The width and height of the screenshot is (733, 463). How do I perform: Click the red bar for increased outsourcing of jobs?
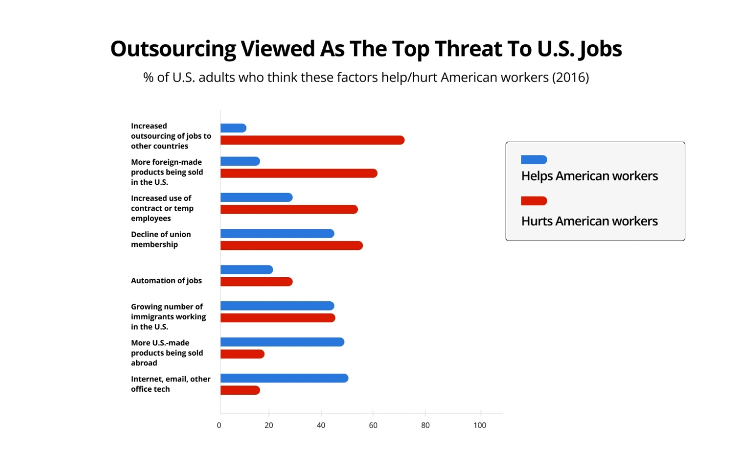point(312,140)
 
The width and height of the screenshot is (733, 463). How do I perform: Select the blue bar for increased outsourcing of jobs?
point(233,128)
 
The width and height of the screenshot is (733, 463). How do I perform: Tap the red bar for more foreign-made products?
point(299,173)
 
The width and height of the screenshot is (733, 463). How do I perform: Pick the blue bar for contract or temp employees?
point(256,198)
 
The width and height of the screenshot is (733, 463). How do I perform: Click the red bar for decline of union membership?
point(292,246)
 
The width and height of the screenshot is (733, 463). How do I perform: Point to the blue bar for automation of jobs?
point(246,270)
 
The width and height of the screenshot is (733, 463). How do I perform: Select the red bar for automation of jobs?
point(256,282)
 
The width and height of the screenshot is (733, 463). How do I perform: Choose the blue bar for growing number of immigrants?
point(277,306)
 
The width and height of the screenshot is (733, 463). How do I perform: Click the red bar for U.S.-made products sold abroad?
point(242,354)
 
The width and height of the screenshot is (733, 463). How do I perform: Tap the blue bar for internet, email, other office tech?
point(284,378)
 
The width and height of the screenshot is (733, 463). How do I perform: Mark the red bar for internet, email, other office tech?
point(240,391)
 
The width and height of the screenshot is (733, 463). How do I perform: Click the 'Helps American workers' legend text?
point(589,176)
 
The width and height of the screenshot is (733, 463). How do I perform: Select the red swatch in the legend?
point(534,201)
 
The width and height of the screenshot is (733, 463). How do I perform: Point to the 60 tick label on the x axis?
point(373,426)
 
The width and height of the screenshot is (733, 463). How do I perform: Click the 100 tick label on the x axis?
point(479,426)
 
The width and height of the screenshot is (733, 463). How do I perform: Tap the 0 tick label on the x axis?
point(219,426)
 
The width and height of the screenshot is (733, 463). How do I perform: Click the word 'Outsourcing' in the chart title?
point(173,49)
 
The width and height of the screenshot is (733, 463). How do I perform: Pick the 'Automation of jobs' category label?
point(166,281)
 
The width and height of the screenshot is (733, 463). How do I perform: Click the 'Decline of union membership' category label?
point(161,239)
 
